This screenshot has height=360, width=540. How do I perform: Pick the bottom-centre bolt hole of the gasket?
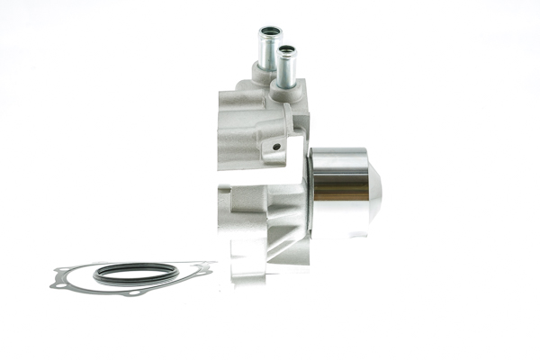coord(134,293)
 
